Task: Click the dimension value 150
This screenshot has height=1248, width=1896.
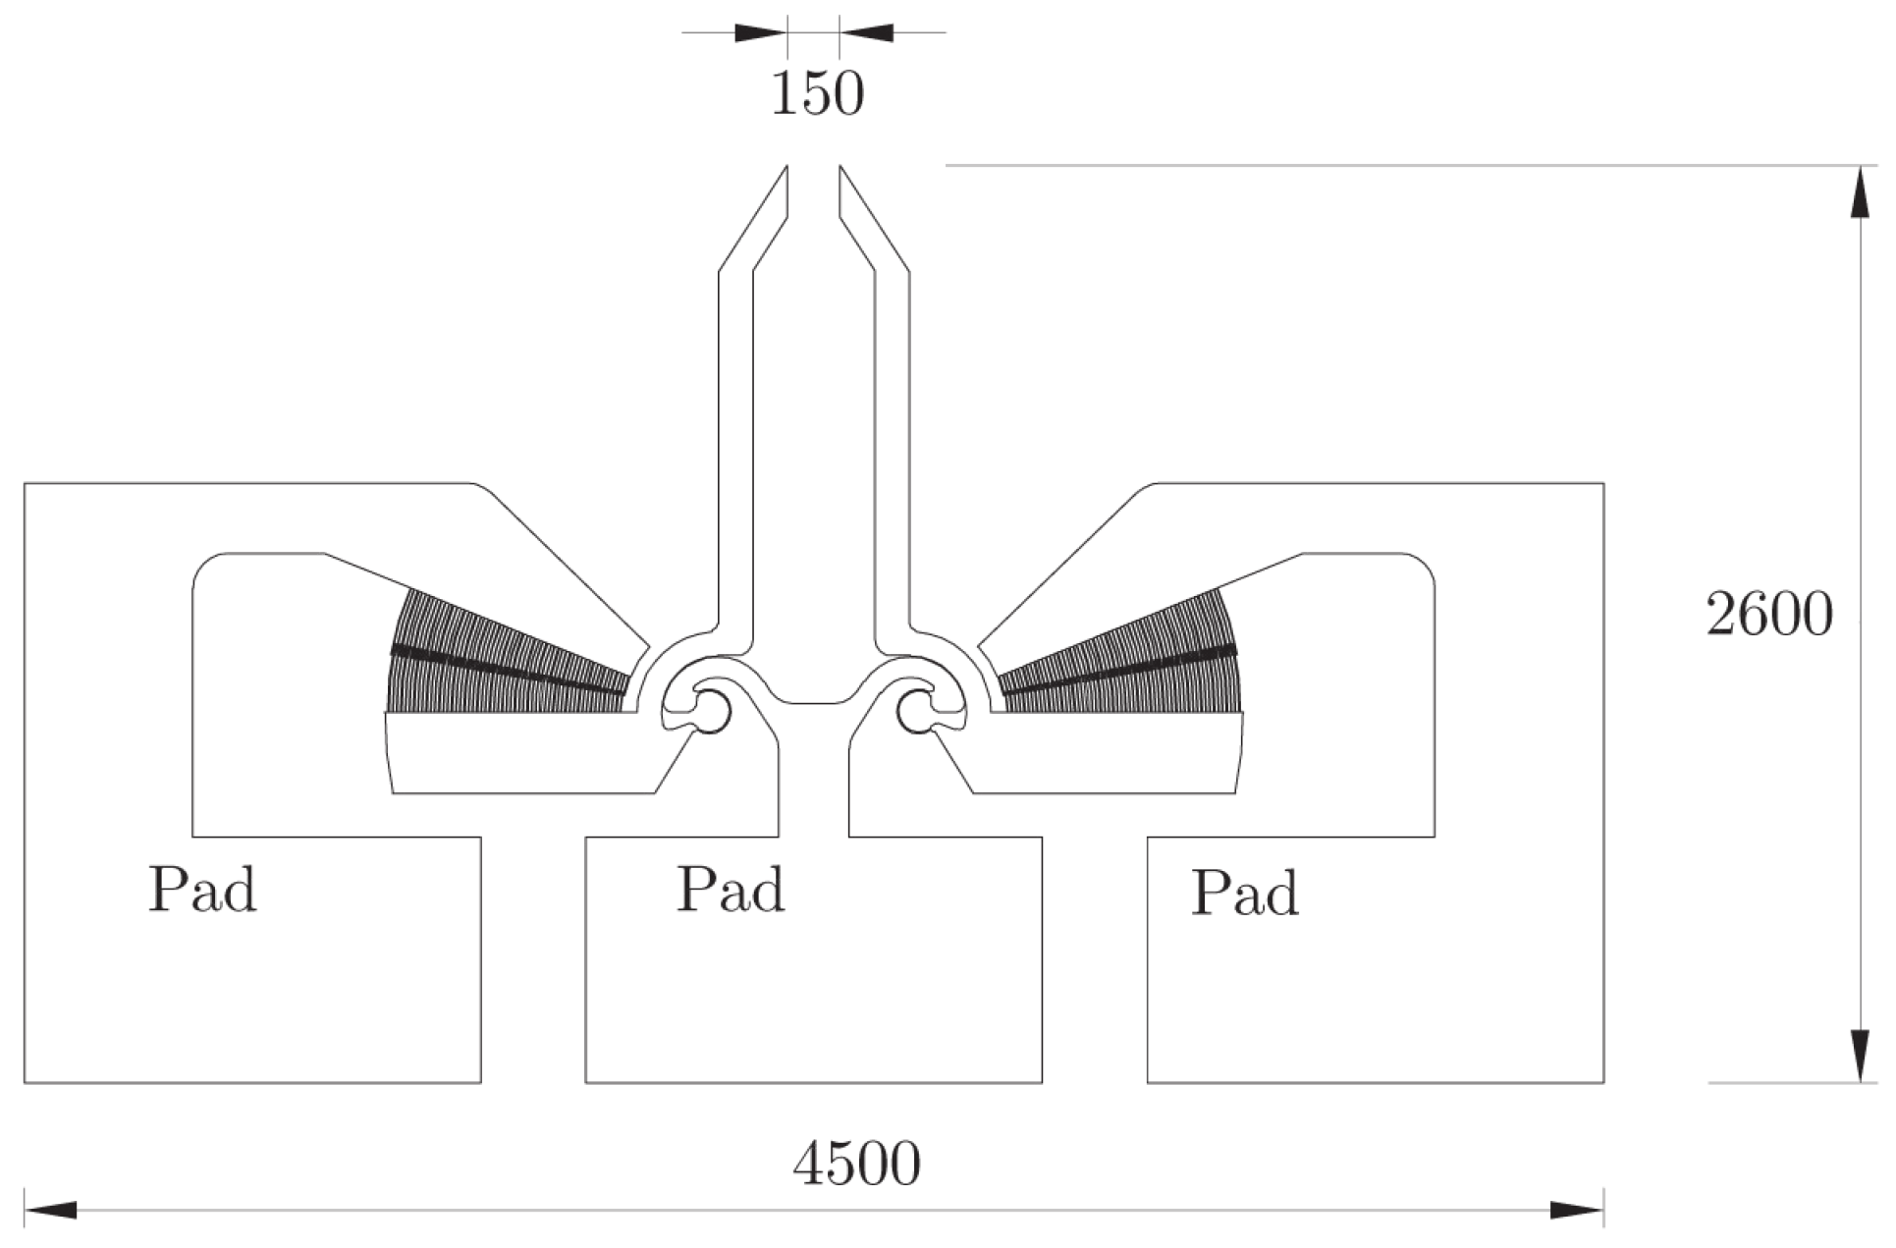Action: click(x=817, y=94)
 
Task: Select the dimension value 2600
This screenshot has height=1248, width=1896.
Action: click(x=1768, y=616)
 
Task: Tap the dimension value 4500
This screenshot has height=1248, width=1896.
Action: click(x=856, y=1165)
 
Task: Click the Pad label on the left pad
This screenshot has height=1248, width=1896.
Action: click(x=202, y=890)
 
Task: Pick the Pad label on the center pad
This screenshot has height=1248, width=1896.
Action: click(x=731, y=890)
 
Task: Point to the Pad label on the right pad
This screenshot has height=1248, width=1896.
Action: click(x=1245, y=893)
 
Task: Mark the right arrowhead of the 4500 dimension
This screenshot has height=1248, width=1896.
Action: click(x=1577, y=1210)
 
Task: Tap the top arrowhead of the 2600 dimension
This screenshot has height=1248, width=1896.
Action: click(x=1859, y=192)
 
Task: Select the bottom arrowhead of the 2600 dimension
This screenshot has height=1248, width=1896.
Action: click(x=1859, y=1057)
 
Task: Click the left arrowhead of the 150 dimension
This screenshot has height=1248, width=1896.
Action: click(x=760, y=32)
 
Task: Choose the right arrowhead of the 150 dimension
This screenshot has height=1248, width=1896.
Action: click(x=866, y=32)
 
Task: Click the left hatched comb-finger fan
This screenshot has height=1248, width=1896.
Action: click(x=501, y=658)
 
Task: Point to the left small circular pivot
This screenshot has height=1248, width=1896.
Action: click(x=711, y=709)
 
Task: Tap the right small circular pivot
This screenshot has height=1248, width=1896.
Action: click(x=917, y=709)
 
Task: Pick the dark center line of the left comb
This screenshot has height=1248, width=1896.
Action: click(x=506, y=672)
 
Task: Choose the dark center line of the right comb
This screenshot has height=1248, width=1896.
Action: click(x=1119, y=672)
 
